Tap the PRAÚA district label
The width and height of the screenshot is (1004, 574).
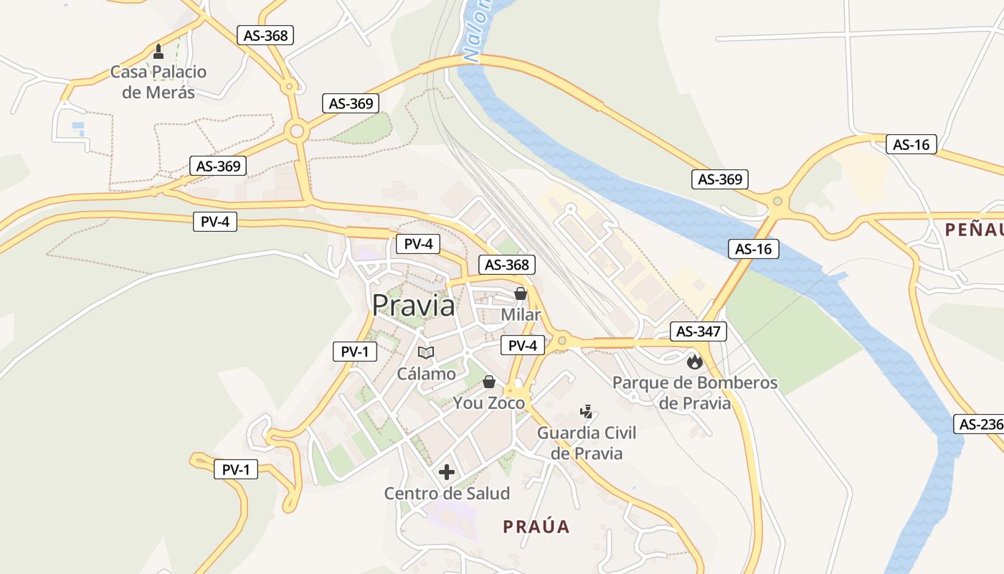536,527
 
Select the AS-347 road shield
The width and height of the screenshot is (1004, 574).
698,331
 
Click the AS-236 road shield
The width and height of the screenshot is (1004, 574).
980,424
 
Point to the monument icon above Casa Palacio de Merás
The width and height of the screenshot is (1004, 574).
158,52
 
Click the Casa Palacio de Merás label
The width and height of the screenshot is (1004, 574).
158,82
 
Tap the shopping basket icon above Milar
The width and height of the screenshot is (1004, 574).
521,293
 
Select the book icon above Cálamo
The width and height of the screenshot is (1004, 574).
426,352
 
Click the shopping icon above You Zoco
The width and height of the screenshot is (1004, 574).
489,382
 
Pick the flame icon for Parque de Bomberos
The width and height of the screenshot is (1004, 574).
694,362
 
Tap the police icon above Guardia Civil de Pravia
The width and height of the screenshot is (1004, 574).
587,412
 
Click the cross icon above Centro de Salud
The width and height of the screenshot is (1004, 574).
447,472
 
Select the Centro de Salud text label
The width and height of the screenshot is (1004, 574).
447,494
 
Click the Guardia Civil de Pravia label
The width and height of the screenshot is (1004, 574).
587,443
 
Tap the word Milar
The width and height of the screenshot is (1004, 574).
521,315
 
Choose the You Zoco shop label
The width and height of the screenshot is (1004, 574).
489,403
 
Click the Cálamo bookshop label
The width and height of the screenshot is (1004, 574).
426,374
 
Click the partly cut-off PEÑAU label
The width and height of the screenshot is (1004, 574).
974,230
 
